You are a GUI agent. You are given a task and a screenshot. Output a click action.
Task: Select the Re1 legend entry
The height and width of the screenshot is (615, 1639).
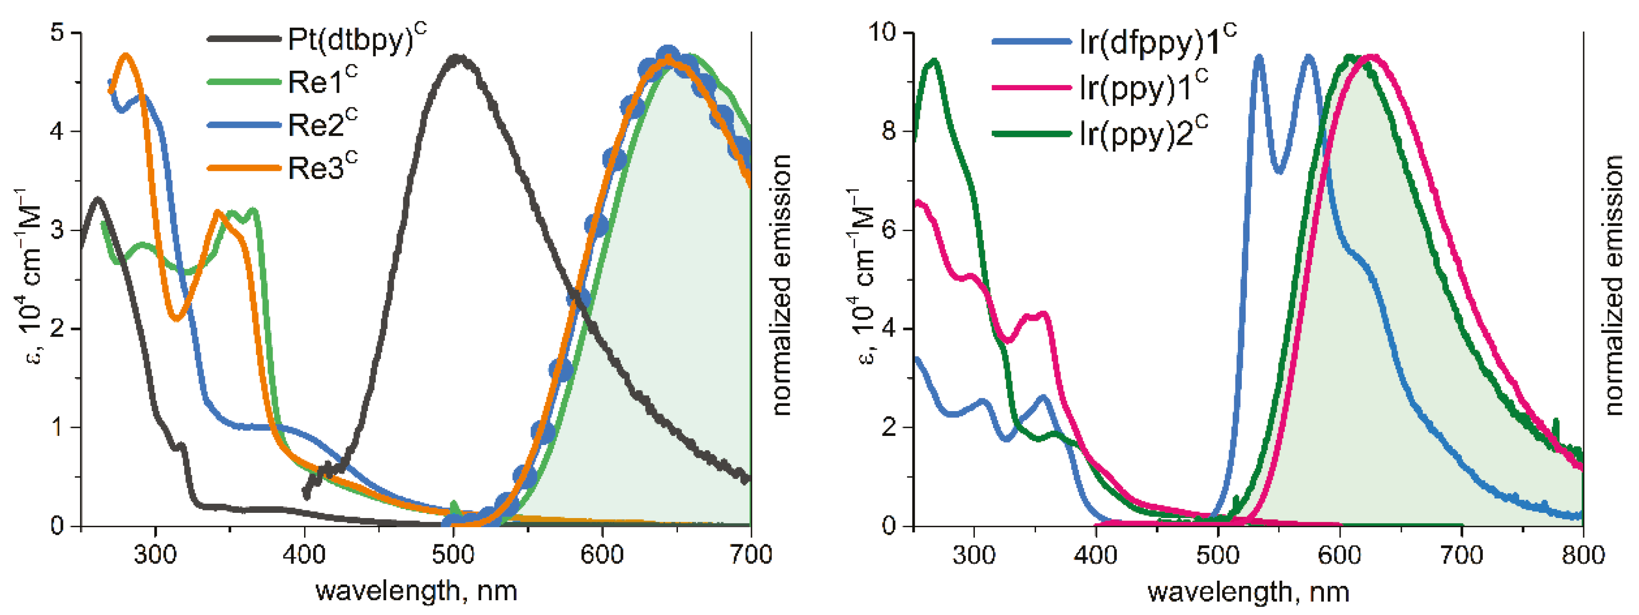click(322, 82)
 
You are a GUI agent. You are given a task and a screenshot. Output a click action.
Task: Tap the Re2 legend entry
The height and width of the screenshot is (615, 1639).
click(322, 124)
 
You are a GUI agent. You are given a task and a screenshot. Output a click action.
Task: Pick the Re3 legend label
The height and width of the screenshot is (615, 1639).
click(322, 168)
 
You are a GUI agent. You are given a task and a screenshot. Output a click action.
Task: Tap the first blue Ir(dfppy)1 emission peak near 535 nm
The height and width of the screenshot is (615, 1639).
click(1258, 57)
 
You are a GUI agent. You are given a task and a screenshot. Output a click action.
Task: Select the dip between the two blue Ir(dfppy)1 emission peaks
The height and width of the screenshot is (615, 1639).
click(1279, 170)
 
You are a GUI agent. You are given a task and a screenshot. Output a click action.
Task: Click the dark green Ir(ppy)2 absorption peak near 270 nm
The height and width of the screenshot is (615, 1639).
click(934, 61)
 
